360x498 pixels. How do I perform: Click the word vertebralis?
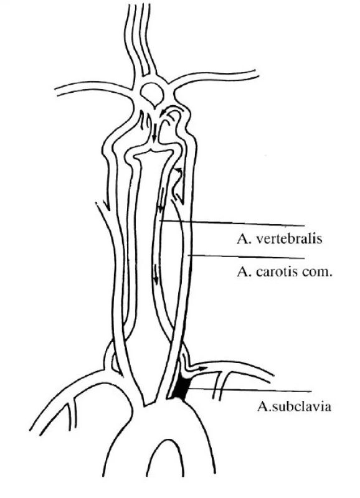pos(288,239)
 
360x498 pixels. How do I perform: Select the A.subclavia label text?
pos(294,406)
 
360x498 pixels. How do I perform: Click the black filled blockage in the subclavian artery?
pos(181,388)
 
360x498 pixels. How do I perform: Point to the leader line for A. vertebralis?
pos(232,223)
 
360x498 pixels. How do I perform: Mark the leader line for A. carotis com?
pos(246,256)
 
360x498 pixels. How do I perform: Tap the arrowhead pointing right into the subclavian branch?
pos(202,369)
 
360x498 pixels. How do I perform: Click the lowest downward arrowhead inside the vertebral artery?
pos(156,279)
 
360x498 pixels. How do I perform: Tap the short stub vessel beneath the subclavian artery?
pos(220,385)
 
